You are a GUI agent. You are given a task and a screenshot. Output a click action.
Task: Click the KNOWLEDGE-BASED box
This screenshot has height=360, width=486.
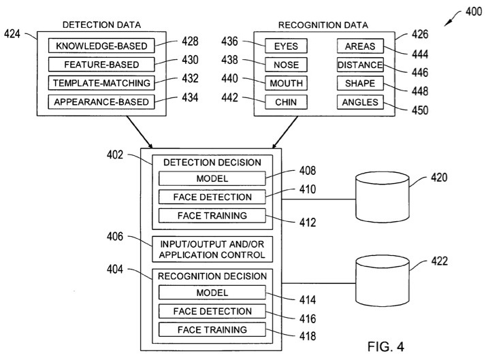point(101,47)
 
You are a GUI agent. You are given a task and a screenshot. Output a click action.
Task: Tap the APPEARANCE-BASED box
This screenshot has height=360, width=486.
point(101,102)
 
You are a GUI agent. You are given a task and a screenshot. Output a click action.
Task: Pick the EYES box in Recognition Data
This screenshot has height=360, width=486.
point(286,47)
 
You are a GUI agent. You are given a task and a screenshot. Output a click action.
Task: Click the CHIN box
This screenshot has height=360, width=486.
point(286,102)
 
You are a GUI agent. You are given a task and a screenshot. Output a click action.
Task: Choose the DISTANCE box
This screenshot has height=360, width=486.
point(360,65)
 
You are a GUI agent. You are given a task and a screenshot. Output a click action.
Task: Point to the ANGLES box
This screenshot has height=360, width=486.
point(360,102)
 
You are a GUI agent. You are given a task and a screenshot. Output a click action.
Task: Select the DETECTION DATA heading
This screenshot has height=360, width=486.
point(101,25)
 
